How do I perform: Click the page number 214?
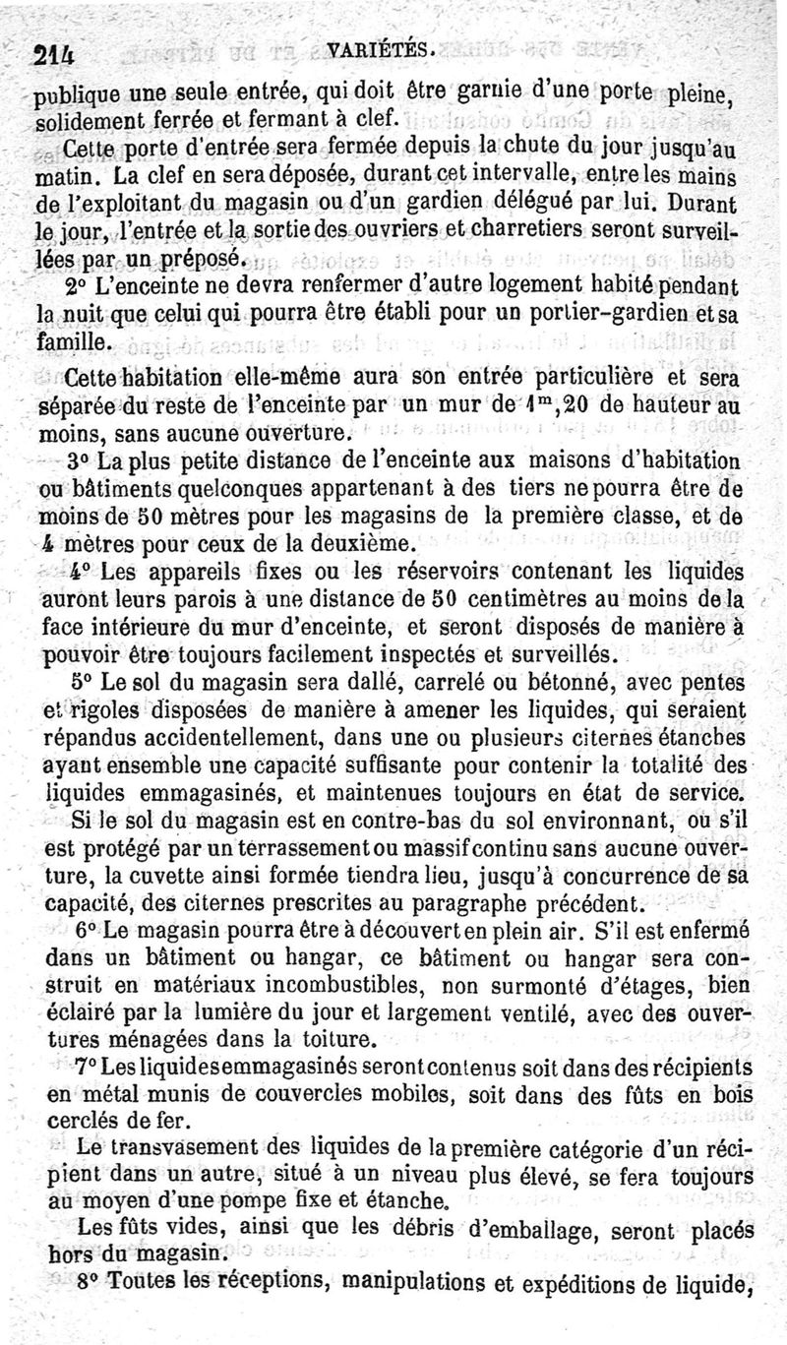click(56, 55)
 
